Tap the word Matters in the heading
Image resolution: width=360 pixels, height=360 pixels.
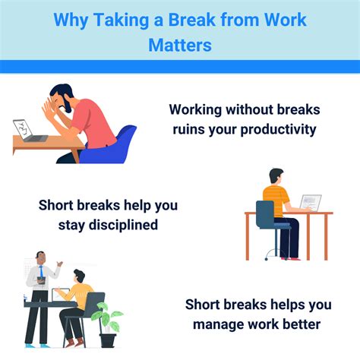pos(180,45)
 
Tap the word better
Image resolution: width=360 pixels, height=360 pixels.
pos(305,326)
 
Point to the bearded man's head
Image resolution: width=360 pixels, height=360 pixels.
pos(61,98)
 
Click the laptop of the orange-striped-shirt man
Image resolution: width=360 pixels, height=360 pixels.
pos(309,203)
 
